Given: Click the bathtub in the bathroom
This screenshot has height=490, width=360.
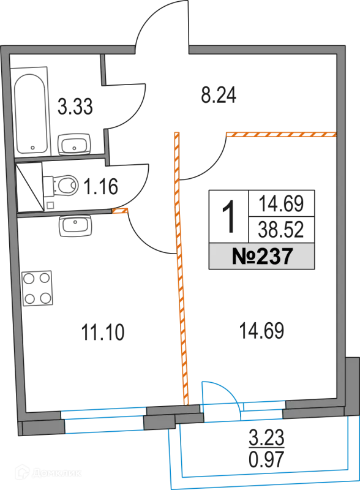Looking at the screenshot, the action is (x=31, y=111).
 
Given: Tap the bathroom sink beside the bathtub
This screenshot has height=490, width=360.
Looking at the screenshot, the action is (x=74, y=144).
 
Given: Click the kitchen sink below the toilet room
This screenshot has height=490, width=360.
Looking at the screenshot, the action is (x=75, y=225).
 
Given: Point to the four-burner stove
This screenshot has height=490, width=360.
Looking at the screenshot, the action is (x=37, y=288).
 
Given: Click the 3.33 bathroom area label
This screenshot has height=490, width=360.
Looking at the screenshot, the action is (x=75, y=106).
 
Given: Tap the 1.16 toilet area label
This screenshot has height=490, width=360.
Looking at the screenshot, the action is (x=101, y=186).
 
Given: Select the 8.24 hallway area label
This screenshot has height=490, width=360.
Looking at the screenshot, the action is (x=219, y=95).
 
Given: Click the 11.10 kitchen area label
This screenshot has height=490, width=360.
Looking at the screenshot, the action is (x=103, y=332).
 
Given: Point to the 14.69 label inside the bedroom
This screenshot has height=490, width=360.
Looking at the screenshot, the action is (x=261, y=331).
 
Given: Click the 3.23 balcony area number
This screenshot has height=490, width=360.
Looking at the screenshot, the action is (x=266, y=437).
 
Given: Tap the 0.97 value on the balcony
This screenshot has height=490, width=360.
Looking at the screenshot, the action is (x=266, y=459).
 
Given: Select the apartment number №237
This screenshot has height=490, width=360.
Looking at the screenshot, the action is (x=262, y=256).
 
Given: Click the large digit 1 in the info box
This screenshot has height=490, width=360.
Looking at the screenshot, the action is (x=229, y=217).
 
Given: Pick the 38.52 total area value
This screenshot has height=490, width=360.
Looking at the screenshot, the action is (x=281, y=230).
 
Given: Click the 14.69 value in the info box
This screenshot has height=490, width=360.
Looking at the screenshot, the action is (x=281, y=203).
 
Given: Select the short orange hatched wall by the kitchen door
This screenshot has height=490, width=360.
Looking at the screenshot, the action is (x=120, y=211).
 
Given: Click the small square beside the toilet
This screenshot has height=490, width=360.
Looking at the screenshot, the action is (x=50, y=206).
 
